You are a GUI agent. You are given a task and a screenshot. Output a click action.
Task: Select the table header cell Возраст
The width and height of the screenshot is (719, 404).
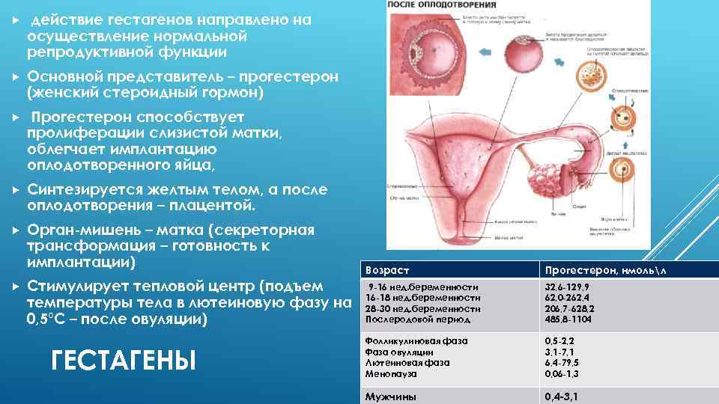(387, 269)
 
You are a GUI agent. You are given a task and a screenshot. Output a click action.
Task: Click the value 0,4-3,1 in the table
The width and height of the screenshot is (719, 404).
(562, 397)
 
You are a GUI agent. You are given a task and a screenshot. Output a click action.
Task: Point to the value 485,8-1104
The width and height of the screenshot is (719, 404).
(568, 319)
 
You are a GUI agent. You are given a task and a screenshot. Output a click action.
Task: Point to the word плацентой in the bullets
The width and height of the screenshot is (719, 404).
(216, 205)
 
